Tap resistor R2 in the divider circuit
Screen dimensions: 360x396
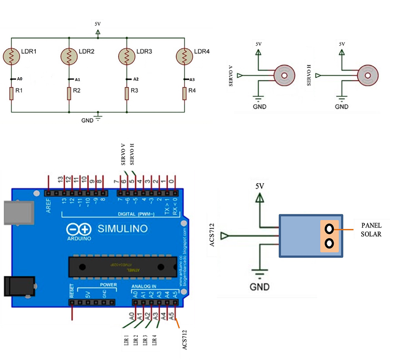pos(69,93)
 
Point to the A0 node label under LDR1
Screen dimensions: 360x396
pos(20,79)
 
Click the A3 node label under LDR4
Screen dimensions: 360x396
pos(192,79)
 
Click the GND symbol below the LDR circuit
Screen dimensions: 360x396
pos(98,118)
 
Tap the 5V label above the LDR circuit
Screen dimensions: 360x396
pos(98,24)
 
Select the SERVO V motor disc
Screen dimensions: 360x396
pos(283,76)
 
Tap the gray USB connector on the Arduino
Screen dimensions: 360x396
pos(15,212)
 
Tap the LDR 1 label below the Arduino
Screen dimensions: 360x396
pos(125,341)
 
